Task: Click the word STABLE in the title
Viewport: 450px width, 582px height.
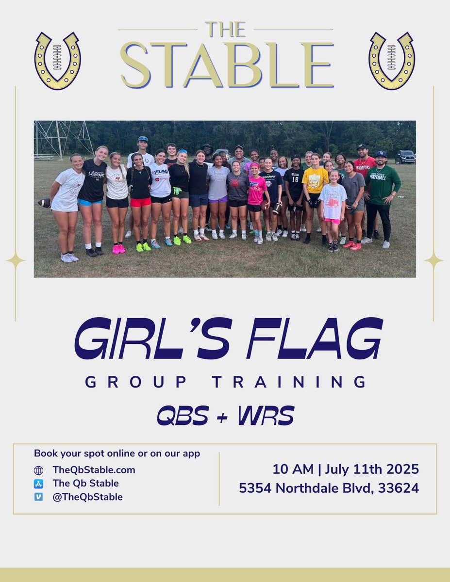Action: click(x=227, y=65)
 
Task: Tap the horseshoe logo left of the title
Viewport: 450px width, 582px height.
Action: click(x=57, y=61)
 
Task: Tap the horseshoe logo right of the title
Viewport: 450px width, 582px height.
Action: click(x=391, y=61)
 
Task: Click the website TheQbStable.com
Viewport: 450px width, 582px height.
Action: click(x=94, y=469)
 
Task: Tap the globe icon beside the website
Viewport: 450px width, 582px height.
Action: click(x=39, y=470)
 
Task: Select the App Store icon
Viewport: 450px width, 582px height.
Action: click(x=39, y=484)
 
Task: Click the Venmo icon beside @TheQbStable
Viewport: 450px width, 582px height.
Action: click(x=39, y=497)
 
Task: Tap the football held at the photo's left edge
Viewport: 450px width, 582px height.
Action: click(x=44, y=202)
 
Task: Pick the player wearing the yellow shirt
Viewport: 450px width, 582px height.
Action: click(x=314, y=194)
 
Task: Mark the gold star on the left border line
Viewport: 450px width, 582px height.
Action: click(x=15, y=260)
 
